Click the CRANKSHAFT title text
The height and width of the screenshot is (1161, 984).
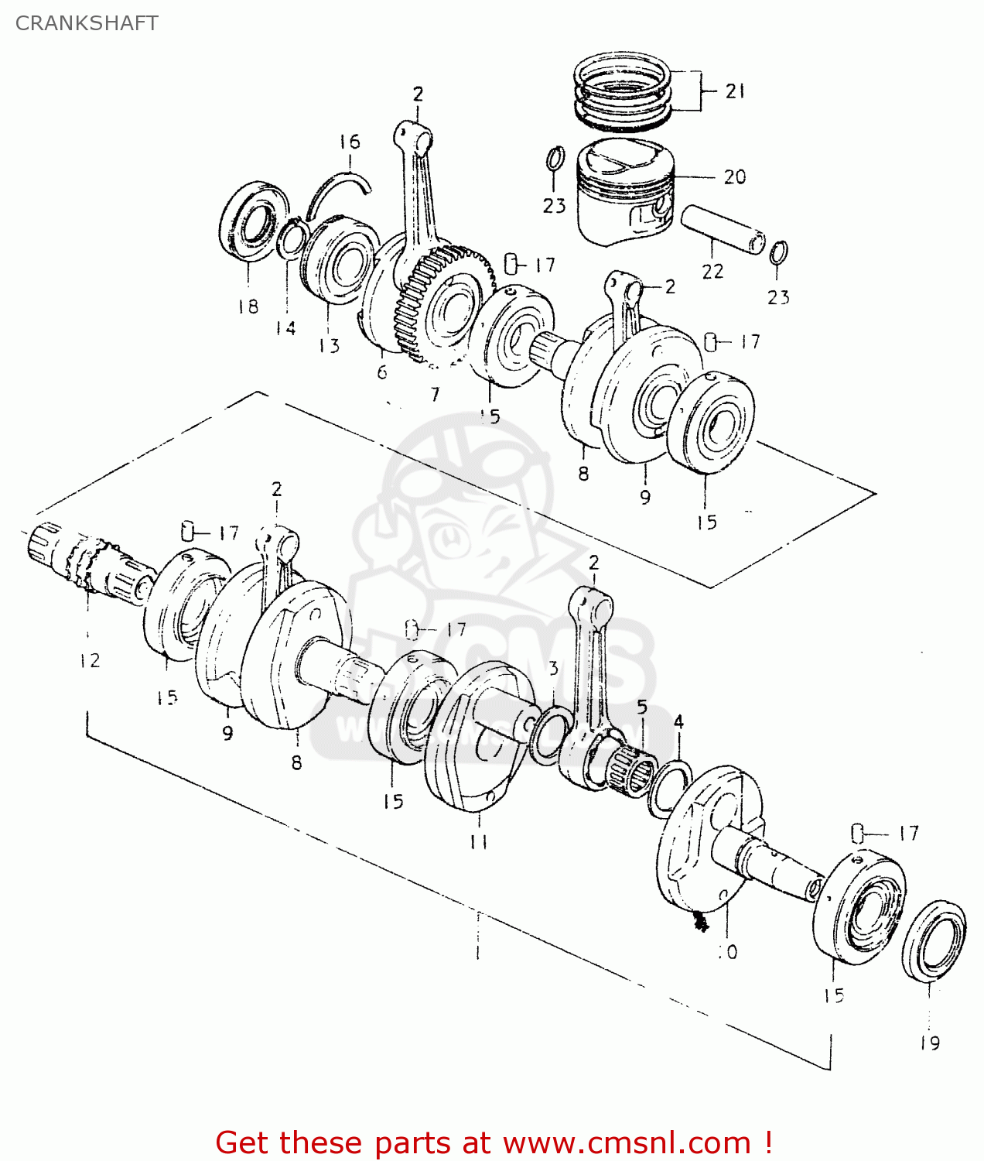pos(87,23)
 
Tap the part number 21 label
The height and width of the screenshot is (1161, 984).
pos(734,91)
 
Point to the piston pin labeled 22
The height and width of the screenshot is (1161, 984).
pos(722,228)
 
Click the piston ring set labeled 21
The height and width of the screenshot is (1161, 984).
pos(624,91)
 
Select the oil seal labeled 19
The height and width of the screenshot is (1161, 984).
pos(934,941)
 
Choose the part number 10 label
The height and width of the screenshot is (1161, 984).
pos(728,952)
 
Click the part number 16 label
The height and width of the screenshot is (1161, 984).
pos(350,142)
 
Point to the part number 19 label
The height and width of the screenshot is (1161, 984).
pos(930,1043)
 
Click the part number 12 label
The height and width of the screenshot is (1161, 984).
pos(90,660)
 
